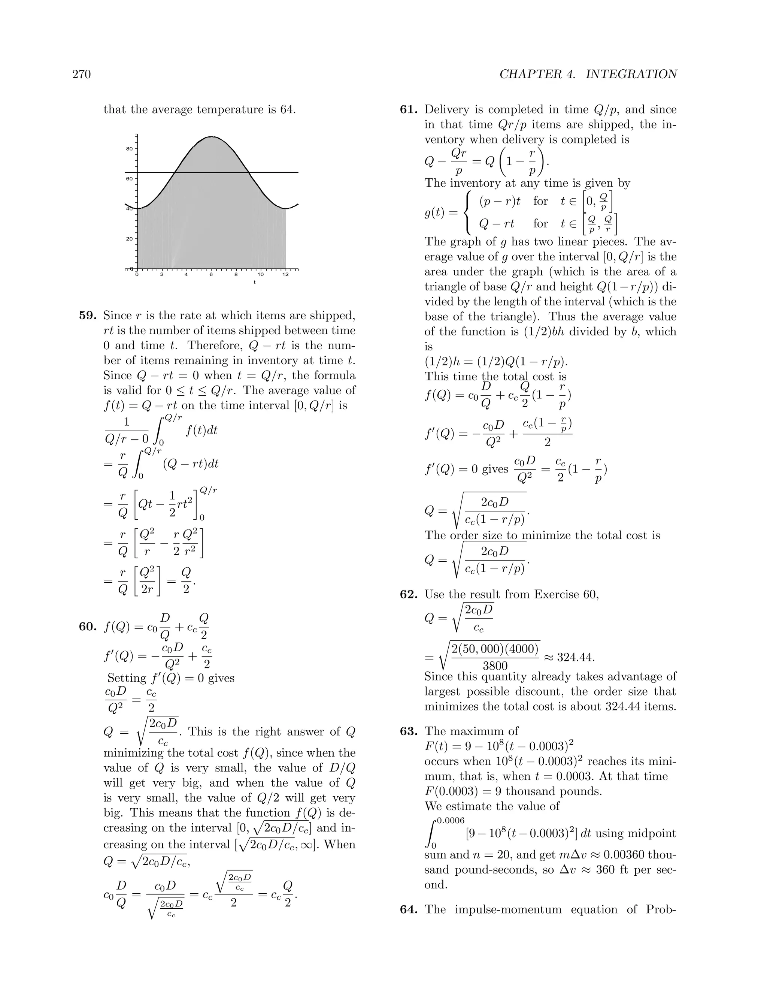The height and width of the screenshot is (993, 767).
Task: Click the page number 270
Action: click(82, 74)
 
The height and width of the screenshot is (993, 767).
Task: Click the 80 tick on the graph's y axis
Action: click(130, 149)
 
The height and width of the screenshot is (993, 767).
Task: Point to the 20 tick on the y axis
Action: click(130, 239)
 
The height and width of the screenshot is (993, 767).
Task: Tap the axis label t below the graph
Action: click(254, 283)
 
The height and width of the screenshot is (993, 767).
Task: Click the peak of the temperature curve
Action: click(211, 136)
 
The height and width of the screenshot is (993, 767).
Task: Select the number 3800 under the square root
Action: click(495, 666)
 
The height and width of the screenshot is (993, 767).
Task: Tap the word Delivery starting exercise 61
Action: click(452, 109)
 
